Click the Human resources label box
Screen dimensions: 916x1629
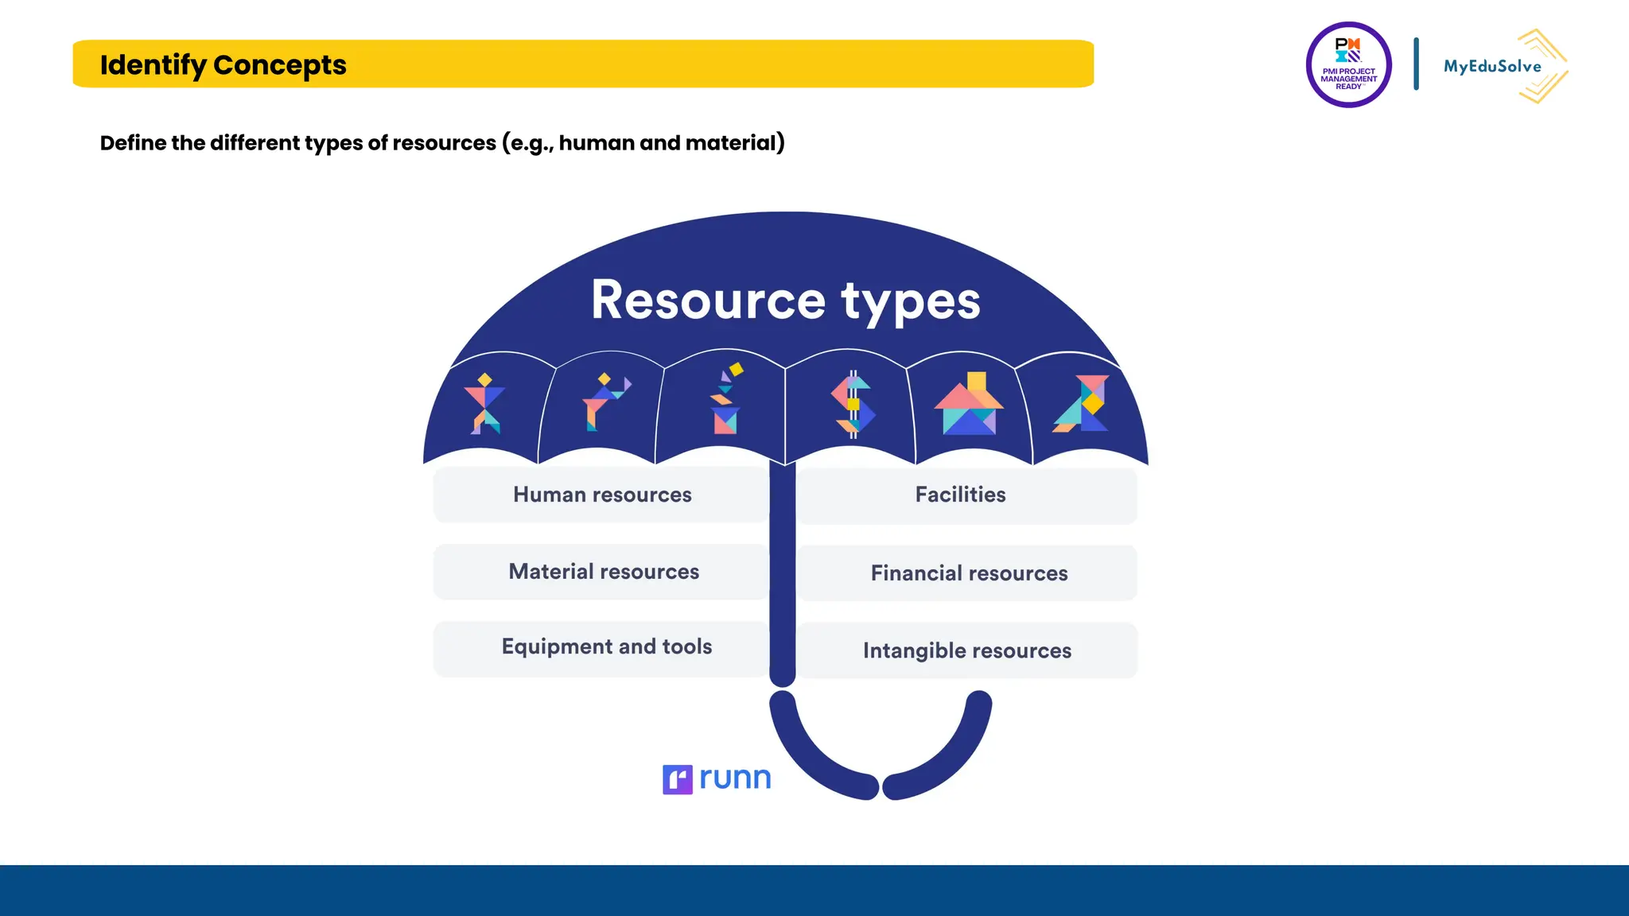point(601,495)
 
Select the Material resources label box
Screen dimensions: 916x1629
point(603,572)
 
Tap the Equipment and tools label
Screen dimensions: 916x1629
point(606,646)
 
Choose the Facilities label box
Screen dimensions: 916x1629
point(960,495)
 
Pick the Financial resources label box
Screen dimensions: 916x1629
point(968,573)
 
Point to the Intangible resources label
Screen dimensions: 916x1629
point(966,650)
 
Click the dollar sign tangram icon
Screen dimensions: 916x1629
point(853,404)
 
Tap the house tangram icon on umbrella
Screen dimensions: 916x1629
point(969,404)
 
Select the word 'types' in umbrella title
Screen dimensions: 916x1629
point(911,301)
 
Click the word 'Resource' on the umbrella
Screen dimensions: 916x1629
point(708,301)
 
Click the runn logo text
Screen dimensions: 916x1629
point(735,778)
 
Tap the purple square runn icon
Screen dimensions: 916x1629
point(677,779)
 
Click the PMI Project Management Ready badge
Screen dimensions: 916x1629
point(1348,65)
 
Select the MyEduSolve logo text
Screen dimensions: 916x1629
point(1492,67)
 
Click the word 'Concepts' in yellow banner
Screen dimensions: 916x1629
point(279,64)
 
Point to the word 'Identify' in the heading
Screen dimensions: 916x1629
point(153,64)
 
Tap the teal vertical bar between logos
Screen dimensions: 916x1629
point(1416,64)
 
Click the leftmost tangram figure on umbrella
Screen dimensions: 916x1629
point(484,404)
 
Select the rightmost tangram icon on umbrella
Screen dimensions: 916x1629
point(1083,404)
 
